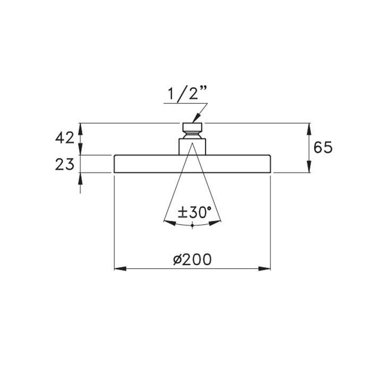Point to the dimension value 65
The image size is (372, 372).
[x=323, y=147]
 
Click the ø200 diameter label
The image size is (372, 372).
[x=192, y=259]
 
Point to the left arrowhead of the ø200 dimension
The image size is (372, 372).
[x=120, y=269]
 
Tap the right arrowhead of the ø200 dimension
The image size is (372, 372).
[x=265, y=269]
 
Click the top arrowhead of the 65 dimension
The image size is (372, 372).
[x=309, y=128]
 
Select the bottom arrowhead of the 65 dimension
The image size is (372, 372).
[x=309, y=168]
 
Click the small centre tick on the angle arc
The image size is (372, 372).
[x=192, y=226]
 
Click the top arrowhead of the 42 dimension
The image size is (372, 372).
[x=81, y=128]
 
